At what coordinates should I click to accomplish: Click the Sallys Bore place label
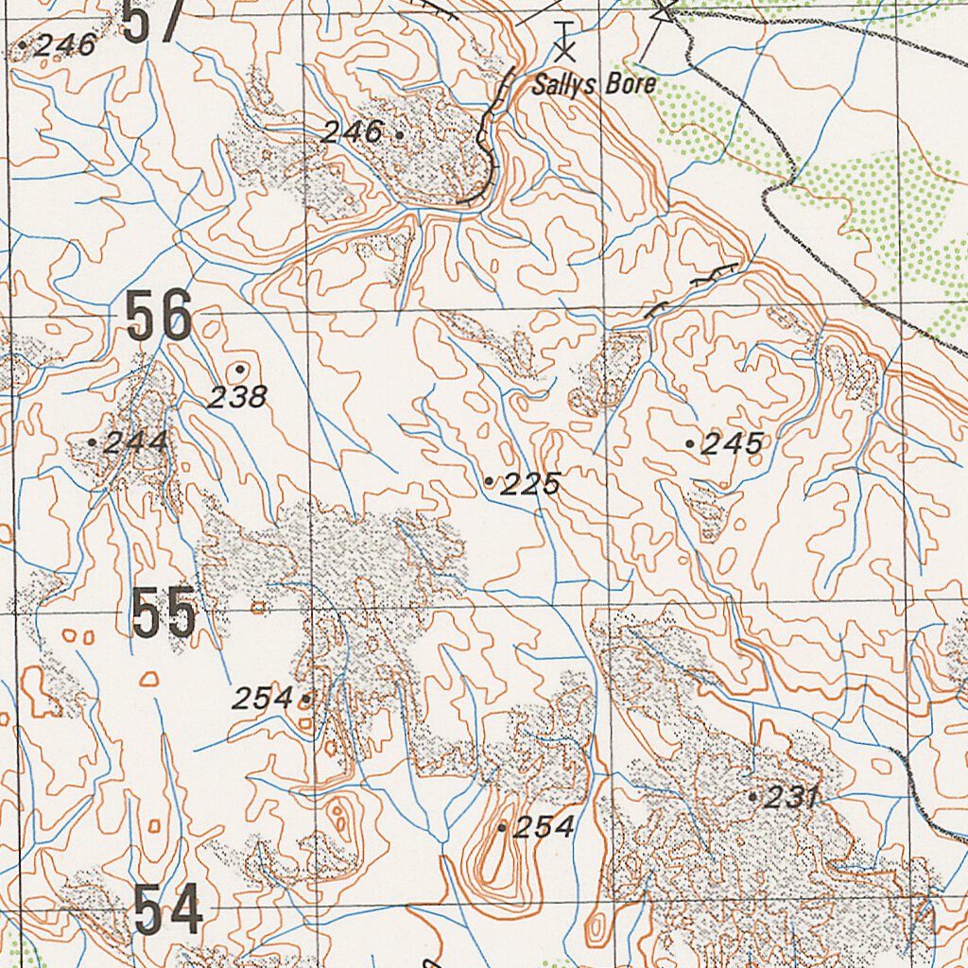pos(594,85)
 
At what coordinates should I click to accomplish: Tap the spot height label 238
pos(236,397)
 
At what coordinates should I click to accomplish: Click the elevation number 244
pos(137,442)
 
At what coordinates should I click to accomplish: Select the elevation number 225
pos(530,485)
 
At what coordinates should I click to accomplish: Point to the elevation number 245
pos(732,444)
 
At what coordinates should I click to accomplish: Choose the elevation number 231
pos(790,798)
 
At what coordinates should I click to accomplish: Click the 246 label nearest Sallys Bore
pos(351,132)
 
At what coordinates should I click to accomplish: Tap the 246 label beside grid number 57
pos(65,44)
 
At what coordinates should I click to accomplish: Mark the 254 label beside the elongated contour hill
pos(543,827)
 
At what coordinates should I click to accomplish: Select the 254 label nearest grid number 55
pos(263,699)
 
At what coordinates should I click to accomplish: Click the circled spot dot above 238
pos(240,369)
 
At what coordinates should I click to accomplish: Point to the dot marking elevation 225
pos(489,481)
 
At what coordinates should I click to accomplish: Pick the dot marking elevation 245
pos(690,442)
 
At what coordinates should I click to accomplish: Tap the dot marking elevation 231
pos(752,797)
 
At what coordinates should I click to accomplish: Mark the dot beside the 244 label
pos(92,441)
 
